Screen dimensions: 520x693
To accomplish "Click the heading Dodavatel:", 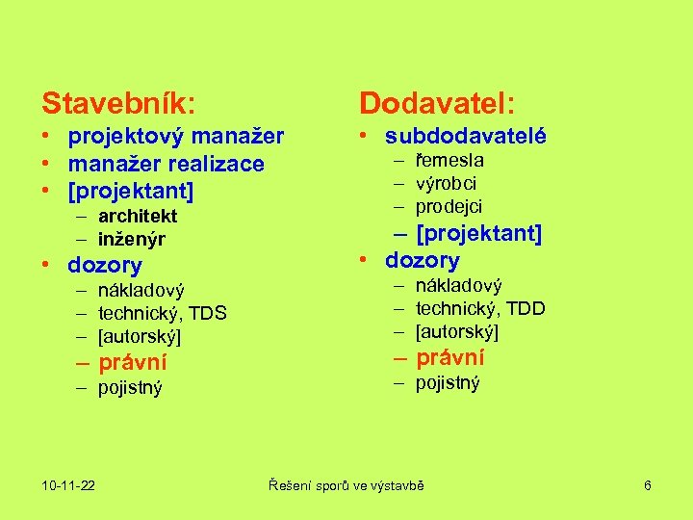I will (x=437, y=100).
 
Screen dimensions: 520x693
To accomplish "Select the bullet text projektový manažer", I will (x=176, y=137).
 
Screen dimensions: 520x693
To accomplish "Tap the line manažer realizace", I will (x=166, y=164).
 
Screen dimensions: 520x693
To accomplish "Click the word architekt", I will (x=138, y=216).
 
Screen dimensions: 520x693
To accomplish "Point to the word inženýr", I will (x=132, y=239).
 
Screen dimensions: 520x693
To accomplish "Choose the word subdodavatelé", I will (x=466, y=137).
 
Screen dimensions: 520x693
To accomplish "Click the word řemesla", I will (x=449, y=160).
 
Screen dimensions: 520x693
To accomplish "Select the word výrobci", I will (x=446, y=183).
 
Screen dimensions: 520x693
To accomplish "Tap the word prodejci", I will (x=449, y=206).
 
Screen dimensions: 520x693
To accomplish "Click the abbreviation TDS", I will (x=208, y=313).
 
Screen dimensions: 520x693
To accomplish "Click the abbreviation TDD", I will (x=526, y=308).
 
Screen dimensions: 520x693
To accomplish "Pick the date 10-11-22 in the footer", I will (x=68, y=485).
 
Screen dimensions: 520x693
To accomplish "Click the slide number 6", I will (x=648, y=485).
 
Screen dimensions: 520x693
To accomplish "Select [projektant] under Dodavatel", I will (x=478, y=233).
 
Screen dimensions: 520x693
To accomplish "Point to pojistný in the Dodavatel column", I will (x=448, y=382).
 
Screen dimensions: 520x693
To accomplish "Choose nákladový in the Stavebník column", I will (x=141, y=290).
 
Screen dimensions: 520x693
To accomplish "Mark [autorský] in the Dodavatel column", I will (x=457, y=331).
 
